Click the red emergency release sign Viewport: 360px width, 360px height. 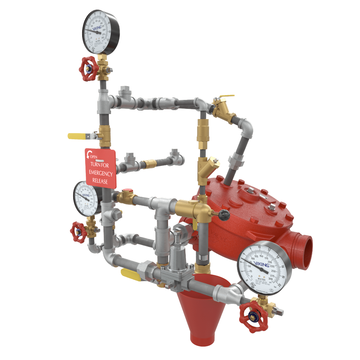click(100, 168)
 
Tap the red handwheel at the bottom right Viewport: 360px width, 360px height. click(253, 317)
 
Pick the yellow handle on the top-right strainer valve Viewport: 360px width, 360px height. click(225, 97)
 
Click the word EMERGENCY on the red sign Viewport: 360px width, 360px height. click(101, 174)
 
